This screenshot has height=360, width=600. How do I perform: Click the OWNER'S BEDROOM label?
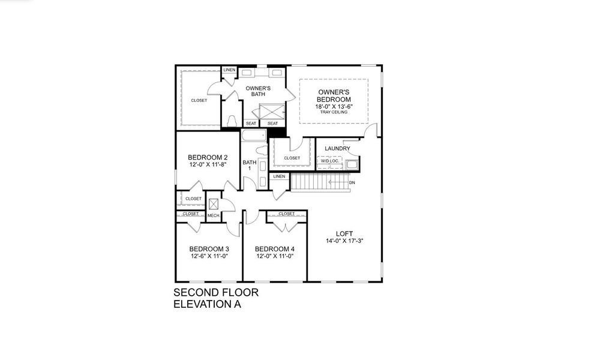(334, 95)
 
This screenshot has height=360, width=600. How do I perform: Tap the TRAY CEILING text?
(334, 112)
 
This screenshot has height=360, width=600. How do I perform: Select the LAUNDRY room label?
(337, 148)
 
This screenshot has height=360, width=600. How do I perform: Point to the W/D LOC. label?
(329, 161)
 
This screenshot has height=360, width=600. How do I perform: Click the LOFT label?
(345, 233)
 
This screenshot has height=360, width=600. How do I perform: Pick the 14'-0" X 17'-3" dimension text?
(345, 241)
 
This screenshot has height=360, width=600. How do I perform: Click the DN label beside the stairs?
(352, 182)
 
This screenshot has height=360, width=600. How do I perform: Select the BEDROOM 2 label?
(208, 158)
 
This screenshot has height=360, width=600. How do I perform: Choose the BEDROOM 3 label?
(208, 249)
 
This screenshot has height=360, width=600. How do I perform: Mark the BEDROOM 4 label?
(274, 249)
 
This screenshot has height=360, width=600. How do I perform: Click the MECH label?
(213, 215)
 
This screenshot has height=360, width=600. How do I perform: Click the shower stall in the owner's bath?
(269, 112)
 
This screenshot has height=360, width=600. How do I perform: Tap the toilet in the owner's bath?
(232, 121)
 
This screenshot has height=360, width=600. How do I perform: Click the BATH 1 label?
(248, 165)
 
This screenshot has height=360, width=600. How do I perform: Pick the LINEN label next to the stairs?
(279, 176)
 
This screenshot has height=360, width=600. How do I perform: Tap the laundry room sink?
(351, 164)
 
